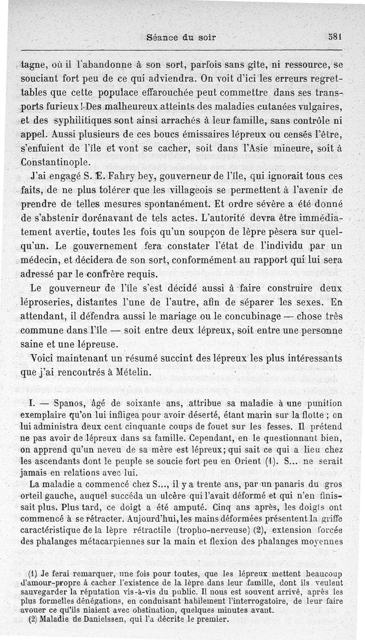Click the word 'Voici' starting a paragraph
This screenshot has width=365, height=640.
(x=43, y=359)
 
